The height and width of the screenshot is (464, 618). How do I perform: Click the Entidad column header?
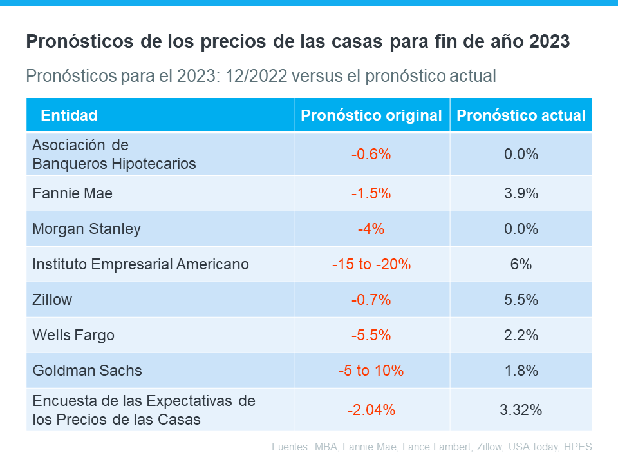pyautogui.click(x=69, y=115)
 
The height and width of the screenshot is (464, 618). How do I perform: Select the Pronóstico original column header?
pyautogui.click(x=371, y=115)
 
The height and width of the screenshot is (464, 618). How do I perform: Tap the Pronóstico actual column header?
pyautogui.click(x=521, y=115)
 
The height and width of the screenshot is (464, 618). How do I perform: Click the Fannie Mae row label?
pyautogui.click(x=72, y=193)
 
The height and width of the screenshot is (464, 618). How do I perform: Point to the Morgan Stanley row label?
pyautogui.click(x=86, y=229)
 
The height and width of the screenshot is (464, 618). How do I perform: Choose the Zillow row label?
pyautogui.click(x=52, y=300)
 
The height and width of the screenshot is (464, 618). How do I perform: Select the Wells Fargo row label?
pyautogui.click(x=73, y=335)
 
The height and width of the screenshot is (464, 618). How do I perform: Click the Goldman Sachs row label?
pyautogui.click(x=87, y=371)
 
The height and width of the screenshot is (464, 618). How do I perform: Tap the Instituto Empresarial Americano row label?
pyautogui.click(x=140, y=264)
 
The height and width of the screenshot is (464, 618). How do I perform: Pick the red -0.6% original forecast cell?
pyautogui.click(x=371, y=155)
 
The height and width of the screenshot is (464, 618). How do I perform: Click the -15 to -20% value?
pyautogui.click(x=371, y=264)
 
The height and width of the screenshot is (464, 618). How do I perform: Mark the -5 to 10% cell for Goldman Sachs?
pyautogui.click(x=371, y=371)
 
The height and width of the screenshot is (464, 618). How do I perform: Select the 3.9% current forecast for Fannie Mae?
pyautogui.click(x=521, y=193)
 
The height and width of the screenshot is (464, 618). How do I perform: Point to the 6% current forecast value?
pyautogui.click(x=521, y=264)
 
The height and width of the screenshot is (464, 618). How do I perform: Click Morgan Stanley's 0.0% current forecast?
pyautogui.click(x=521, y=229)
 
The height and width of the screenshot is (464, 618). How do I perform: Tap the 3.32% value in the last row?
pyautogui.click(x=521, y=410)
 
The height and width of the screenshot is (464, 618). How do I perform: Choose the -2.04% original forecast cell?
pyautogui.click(x=371, y=410)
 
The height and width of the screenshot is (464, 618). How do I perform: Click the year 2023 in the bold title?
pyautogui.click(x=549, y=42)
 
